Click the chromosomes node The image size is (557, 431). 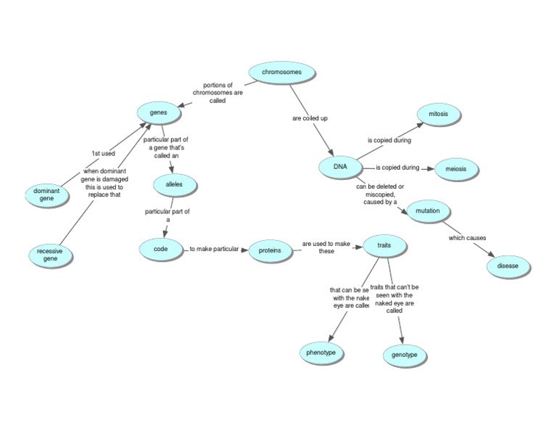(281, 72)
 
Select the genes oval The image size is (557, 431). (158, 112)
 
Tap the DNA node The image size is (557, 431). (340, 168)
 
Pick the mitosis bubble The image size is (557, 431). (439, 115)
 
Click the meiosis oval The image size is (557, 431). (456, 169)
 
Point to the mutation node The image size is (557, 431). (429, 211)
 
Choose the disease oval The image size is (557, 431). (508, 266)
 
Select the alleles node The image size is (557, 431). (174, 185)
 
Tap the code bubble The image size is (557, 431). (160, 248)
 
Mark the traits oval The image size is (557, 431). (384, 246)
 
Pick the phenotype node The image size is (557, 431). (321, 353)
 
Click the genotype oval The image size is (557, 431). (405, 356)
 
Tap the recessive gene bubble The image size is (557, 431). (50, 255)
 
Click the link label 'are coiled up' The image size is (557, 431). (310, 118)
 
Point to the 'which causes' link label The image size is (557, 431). (467, 238)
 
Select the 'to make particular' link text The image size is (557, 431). (214, 250)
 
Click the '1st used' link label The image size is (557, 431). (103, 153)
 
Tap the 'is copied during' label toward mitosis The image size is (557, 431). (389, 140)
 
